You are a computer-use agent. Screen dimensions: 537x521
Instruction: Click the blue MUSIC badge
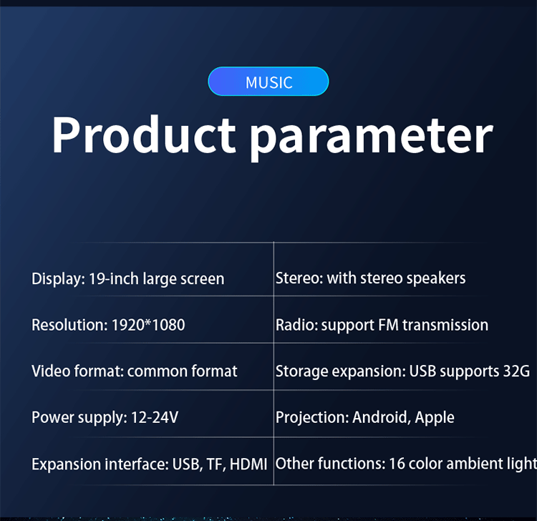click(x=268, y=82)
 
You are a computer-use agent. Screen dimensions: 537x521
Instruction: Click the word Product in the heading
click(x=144, y=135)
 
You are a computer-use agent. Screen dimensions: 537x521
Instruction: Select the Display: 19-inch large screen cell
click(x=127, y=279)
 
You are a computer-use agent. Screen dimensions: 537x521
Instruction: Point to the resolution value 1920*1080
click(x=148, y=325)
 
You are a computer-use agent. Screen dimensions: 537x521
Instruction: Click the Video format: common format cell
click(x=135, y=371)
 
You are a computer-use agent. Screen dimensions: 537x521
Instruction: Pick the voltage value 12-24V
click(x=155, y=417)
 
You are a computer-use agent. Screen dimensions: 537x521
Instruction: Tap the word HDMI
click(x=248, y=464)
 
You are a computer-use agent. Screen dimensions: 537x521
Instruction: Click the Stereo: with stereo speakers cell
click(x=371, y=278)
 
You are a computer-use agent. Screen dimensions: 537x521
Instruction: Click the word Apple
click(x=435, y=418)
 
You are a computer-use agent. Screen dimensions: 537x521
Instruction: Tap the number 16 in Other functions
click(x=397, y=464)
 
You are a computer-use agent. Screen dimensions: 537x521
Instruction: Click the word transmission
click(x=445, y=325)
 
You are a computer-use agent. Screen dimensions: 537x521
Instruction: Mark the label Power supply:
click(x=79, y=418)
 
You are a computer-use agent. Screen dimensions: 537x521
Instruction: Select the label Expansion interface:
click(x=100, y=464)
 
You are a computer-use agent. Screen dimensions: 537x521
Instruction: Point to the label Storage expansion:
click(x=341, y=371)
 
